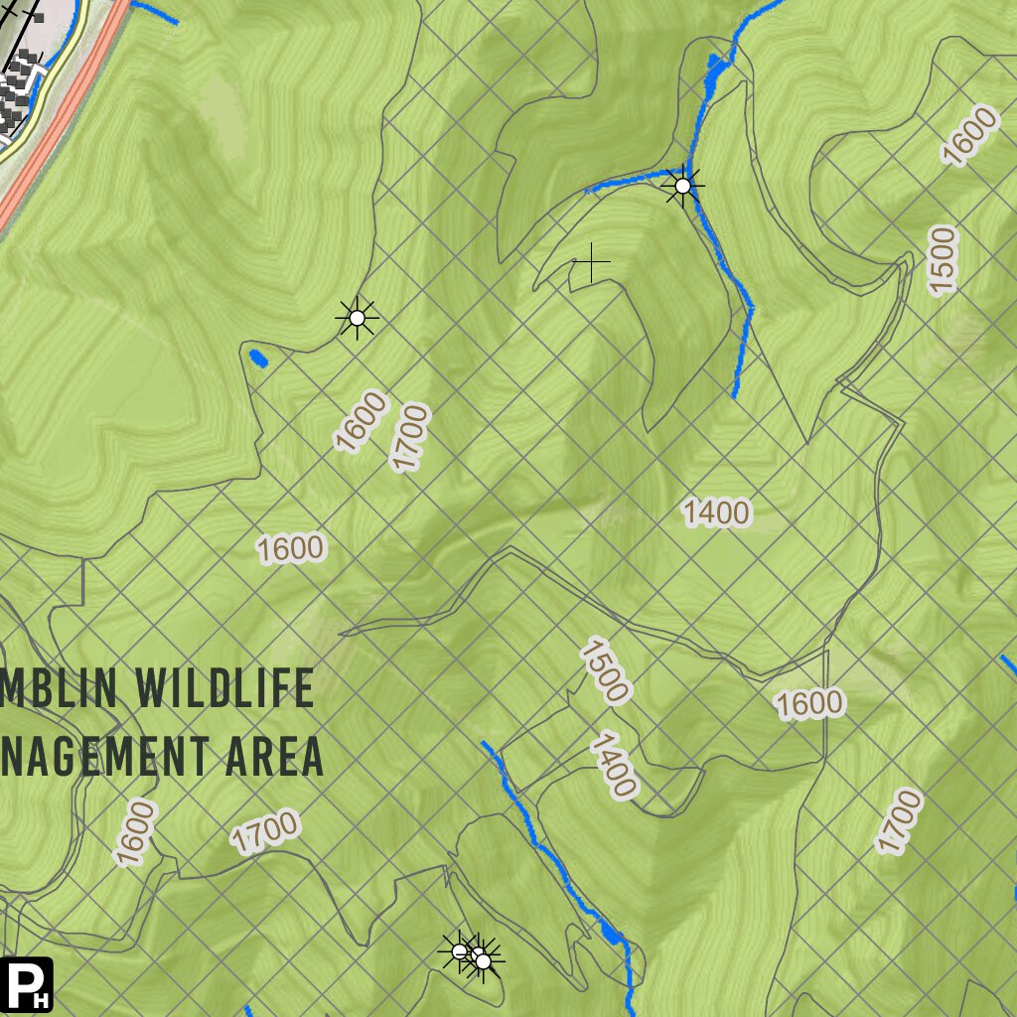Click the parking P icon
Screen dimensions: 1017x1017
click(x=27, y=984)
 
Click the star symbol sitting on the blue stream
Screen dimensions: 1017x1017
click(x=682, y=186)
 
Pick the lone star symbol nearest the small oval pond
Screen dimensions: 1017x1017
click(x=358, y=318)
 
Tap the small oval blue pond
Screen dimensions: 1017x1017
click(x=258, y=357)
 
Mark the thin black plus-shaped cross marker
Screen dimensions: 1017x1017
click(x=592, y=262)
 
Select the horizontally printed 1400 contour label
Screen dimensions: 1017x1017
click(x=717, y=513)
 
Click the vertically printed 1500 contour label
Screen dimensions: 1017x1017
click(x=943, y=259)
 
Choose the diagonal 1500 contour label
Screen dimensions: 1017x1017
click(x=605, y=672)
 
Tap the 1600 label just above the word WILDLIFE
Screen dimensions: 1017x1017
click(x=291, y=548)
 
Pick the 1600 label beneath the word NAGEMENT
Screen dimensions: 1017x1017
click(x=136, y=833)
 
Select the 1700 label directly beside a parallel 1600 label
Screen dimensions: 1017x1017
click(x=409, y=437)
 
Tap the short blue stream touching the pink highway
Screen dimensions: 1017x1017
click(x=155, y=12)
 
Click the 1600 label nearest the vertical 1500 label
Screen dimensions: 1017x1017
click(x=968, y=136)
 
